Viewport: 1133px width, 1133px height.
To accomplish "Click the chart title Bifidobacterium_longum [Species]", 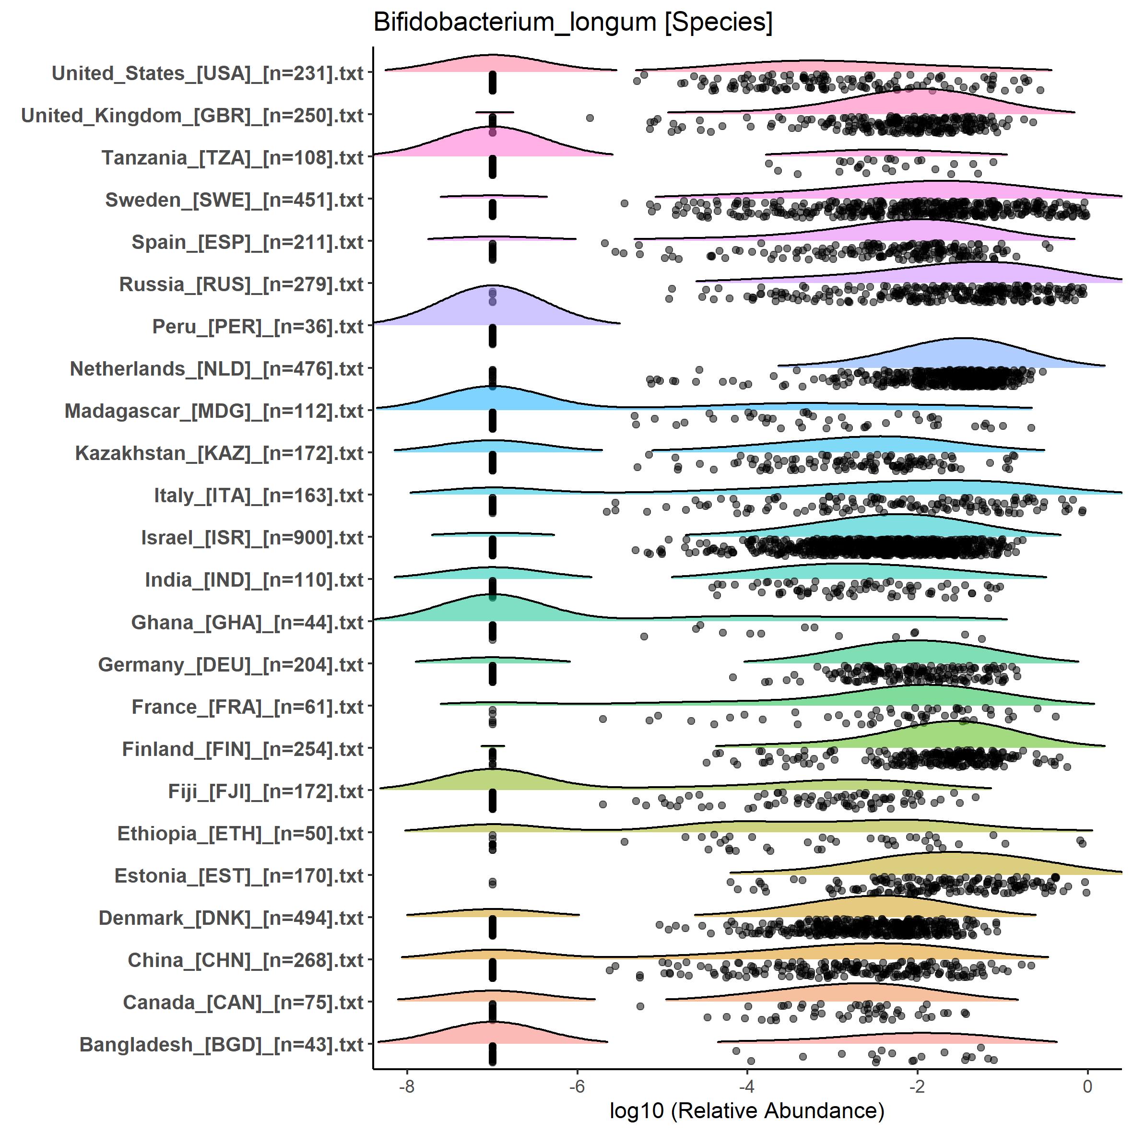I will coord(573,22).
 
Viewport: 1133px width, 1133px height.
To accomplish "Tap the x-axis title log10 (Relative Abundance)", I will coord(746,1110).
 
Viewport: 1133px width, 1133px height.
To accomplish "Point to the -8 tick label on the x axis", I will coord(406,1086).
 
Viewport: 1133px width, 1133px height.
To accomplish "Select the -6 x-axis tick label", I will coord(577,1086).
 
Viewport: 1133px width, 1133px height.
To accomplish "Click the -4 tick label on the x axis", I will coord(746,1086).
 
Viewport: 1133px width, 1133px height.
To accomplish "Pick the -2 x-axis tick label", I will coord(917,1086).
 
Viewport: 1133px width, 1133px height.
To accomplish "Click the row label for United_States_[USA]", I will coord(208,73).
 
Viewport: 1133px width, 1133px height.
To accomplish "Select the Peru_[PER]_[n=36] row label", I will coord(258,327).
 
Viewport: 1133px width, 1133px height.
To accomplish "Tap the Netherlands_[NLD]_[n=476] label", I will coord(217,369).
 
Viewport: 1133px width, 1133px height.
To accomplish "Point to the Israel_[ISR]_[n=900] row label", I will coord(252,538).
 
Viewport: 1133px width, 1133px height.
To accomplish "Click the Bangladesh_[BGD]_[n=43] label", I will coord(222,1044).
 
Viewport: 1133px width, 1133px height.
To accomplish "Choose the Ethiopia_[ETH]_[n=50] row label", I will coord(240,833).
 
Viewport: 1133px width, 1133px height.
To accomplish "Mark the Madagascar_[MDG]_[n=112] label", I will coord(214,411).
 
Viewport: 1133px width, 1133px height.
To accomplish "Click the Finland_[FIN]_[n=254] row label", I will coord(243,749).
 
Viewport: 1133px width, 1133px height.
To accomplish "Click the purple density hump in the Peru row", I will coord(493,308).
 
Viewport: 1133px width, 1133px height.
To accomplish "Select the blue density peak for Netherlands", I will coord(962,355).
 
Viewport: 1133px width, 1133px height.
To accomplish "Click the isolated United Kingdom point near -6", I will coord(590,118).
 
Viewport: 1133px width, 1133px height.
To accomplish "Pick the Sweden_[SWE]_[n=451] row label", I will coord(235,200).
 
